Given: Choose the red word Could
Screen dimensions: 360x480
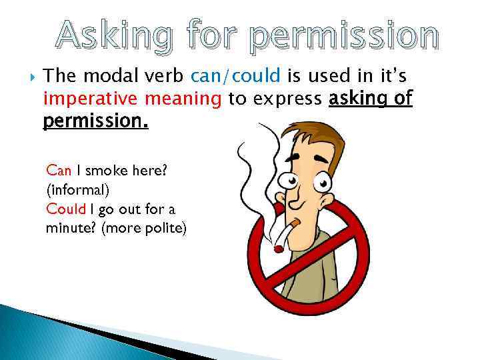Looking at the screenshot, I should coord(65,209).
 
